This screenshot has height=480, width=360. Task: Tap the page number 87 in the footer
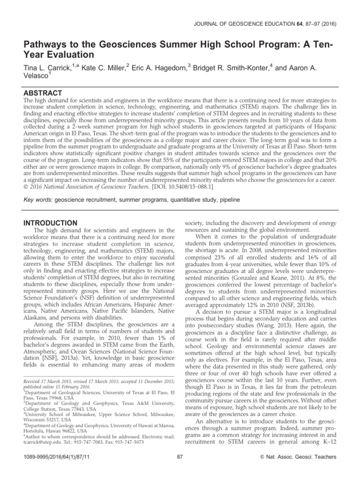(x=180, y=469)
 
